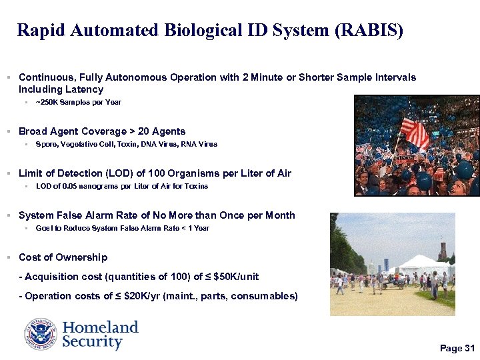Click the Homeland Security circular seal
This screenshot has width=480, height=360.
41,334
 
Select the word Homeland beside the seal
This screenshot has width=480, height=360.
100,327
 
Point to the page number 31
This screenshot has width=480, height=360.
469,349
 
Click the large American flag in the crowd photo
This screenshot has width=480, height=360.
415,133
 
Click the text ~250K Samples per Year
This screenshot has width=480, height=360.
79,103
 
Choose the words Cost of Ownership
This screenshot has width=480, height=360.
63,257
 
